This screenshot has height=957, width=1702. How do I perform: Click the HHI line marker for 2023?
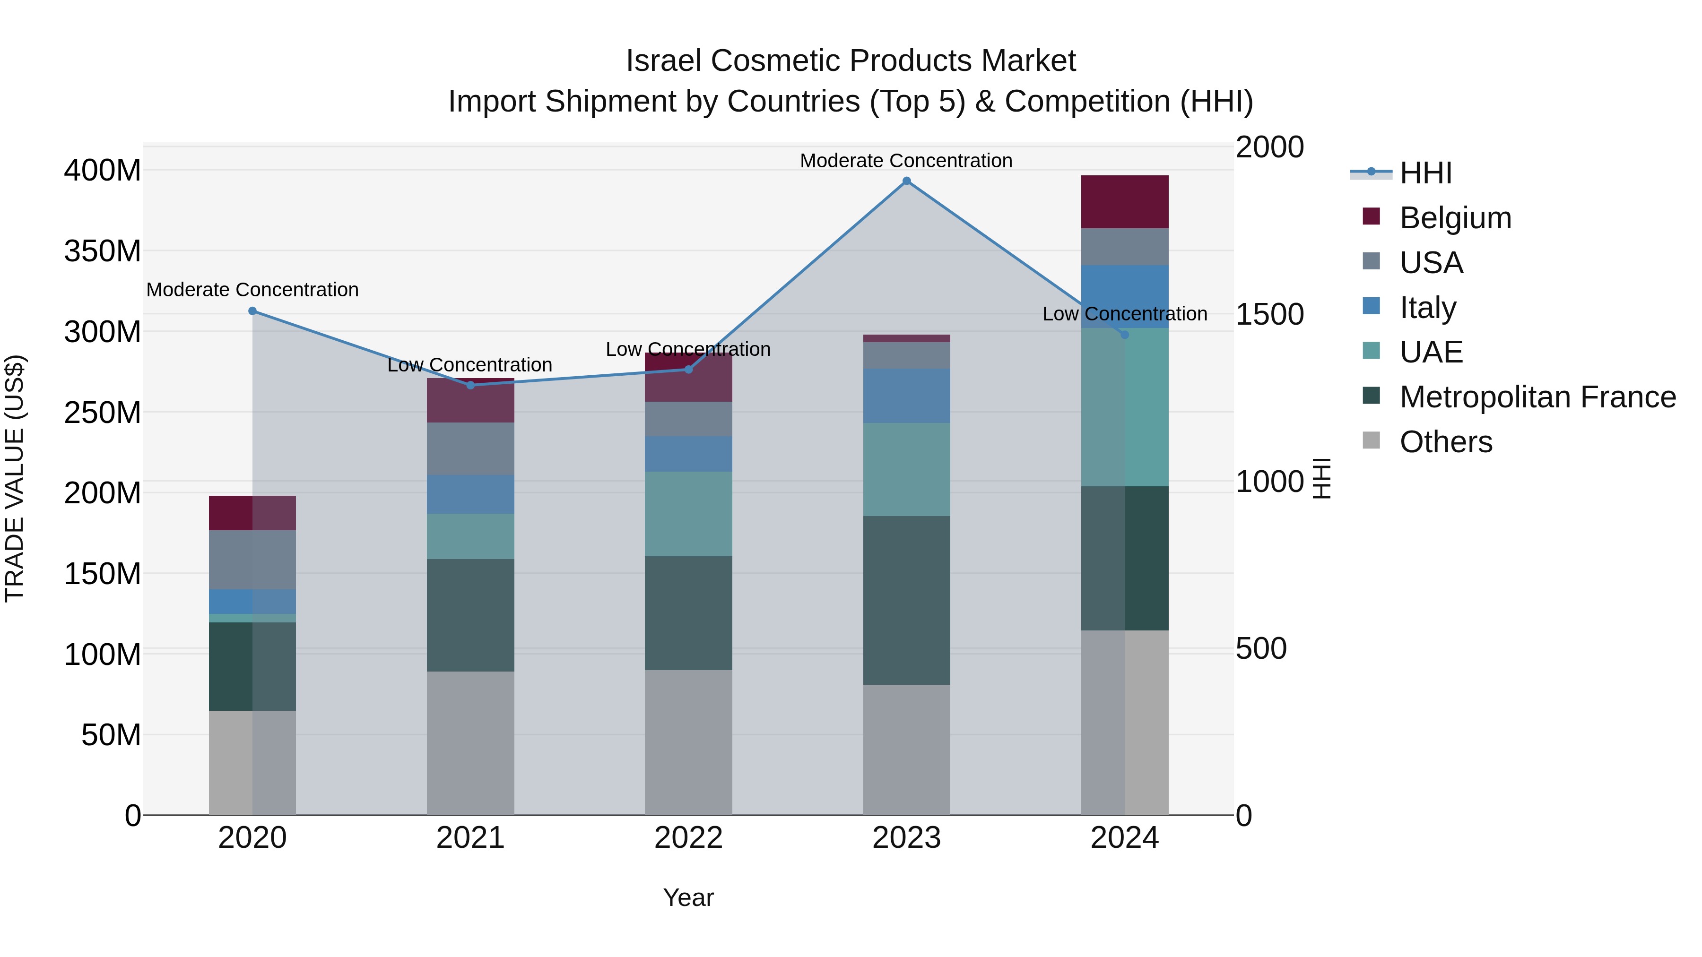(x=906, y=181)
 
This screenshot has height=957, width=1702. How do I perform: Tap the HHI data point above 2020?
(x=252, y=311)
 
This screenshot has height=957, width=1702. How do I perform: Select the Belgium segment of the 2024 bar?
(x=1125, y=202)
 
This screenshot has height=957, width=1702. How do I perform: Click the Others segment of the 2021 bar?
(x=470, y=743)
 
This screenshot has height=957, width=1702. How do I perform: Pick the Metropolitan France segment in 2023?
(x=906, y=600)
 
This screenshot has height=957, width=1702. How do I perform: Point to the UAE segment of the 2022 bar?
(x=688, y=514)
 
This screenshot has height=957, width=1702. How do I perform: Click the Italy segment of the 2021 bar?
(x=470, y=494)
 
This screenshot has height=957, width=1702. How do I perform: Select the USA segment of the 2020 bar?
(x=252, y=560)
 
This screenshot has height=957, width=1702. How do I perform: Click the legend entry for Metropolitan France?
(x=1537, y=397)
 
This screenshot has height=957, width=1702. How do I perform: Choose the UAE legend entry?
(x=1431, y=352)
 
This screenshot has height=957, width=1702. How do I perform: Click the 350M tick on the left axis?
(x=103, y=251)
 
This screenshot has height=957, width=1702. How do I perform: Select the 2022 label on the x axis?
(x=688, y=838)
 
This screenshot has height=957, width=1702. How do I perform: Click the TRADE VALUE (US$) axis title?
(x=15, y=478)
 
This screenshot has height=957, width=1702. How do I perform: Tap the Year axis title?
(x=688, y=897)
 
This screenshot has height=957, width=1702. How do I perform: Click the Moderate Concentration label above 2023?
(x=906, y=161)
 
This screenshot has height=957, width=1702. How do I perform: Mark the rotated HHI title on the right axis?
(x=1321, y=478)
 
